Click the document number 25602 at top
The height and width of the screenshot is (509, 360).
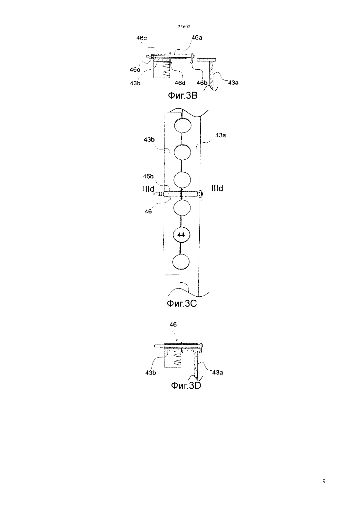click(x=184, y=26)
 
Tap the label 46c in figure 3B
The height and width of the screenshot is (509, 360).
click(x=141, y=38)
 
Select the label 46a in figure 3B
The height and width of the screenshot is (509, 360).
click(x=197, y=38)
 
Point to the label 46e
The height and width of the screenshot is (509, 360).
click(x=135, y=70)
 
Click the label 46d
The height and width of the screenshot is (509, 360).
click(x=180, y=83)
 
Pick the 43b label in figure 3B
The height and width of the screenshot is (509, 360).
click(x=135, y=83)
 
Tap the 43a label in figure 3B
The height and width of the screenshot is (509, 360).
click(x=233, y=82)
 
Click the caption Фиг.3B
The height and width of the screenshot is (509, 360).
click(x=183, y=96)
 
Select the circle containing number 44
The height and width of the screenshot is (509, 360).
click(x=181, y=235)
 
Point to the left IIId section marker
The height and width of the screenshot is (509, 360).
click(x=149, y=189)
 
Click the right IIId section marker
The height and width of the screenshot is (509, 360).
click(x=217, y=188)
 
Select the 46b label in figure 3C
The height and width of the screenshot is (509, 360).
click(x=148, y=176)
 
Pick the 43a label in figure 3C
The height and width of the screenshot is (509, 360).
click(x=221, y=135)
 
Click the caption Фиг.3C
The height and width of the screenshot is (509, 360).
click(x=182, y=303)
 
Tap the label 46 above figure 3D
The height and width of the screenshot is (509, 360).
click(x=173, y=325)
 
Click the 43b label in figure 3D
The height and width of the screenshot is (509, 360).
click(x=151, y=373)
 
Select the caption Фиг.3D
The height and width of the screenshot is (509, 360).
click(x=186, y=386)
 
